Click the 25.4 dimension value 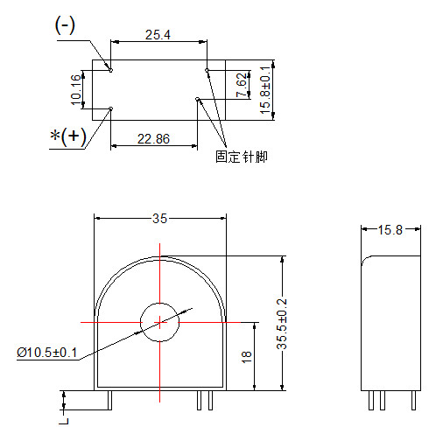click(158, 34)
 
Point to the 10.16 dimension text click(75, 88)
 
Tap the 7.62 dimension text click(242, 84)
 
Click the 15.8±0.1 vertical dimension click(266, 87)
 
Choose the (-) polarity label click(66, 25)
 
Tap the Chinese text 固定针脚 click(241, 157)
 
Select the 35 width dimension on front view click(159, 219)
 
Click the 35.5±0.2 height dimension click(282, 323)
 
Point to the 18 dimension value click(247, 356)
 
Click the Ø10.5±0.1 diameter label click(47, 353)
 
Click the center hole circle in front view click(160, 323)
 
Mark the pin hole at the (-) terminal click(110, 69)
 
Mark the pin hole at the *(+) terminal click(110, 109)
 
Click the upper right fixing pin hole click(207, 69)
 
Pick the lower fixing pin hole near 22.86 click(199, 99)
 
